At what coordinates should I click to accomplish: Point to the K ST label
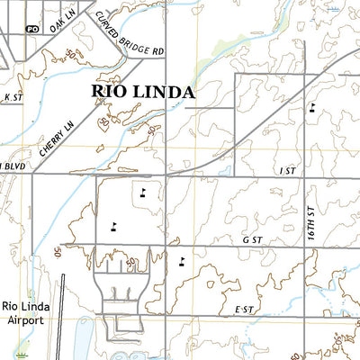pos(12,95)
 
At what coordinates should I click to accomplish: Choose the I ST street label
pos(287,170)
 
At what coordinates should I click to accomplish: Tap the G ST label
pos(250,241)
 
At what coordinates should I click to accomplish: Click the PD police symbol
pos(33,29)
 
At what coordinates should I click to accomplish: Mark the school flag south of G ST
pos(183,261)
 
